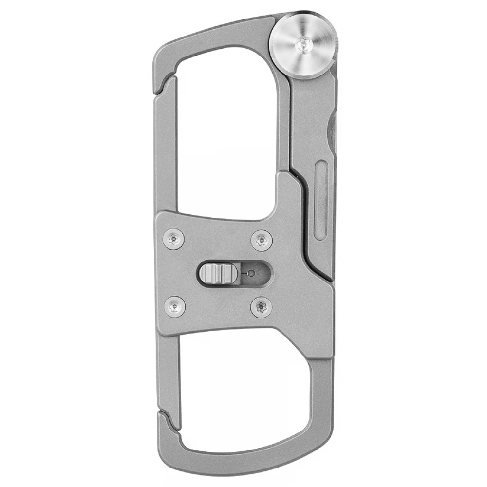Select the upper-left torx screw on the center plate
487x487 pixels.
[x=174, y=239]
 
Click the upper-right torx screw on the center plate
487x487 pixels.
[x=262, y=240]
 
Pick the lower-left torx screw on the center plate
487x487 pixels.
[x=174, y=306]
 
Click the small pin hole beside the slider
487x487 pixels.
[x=251, y=273]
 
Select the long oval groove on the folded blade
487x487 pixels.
[x=321, y=200]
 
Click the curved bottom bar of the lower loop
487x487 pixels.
[x=243, y=458]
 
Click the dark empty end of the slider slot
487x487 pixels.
[x=263, y=273]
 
